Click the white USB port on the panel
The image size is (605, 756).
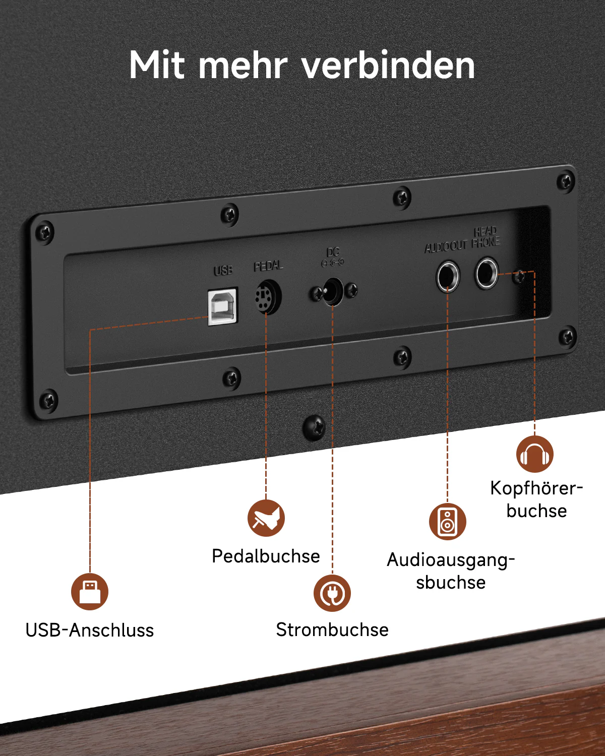click(223, 306)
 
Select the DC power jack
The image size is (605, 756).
click(333, 291)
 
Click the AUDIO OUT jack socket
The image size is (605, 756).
click(447, 276)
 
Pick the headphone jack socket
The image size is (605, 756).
click(487, 273)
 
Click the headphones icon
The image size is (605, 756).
click(534, 454)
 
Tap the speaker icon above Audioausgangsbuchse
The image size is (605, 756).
click(448, 521)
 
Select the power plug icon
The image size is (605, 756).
click(332, 593)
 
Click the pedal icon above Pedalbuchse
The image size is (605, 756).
click(266, 518)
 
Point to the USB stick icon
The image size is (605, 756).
click(90, 592)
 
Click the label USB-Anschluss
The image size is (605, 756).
click(90, 630)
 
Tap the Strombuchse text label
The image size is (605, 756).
click(332, 630)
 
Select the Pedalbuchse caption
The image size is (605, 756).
click(266, 556)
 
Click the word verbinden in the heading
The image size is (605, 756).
click(388, 66)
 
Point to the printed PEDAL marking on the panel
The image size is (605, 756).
click(268, 266)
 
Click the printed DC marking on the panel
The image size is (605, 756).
click(333, 252)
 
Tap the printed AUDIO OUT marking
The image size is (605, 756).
click(446, 247)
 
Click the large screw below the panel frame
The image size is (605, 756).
click(314, 427)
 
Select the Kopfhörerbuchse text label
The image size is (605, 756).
click(536, 499)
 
